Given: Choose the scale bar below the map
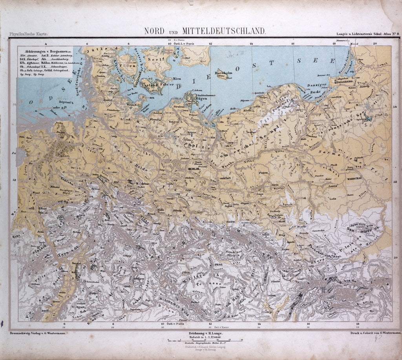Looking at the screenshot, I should pyautogui.click(x=200, y=340).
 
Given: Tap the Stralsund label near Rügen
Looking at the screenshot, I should pyautogui.click(x=179, y=106).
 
